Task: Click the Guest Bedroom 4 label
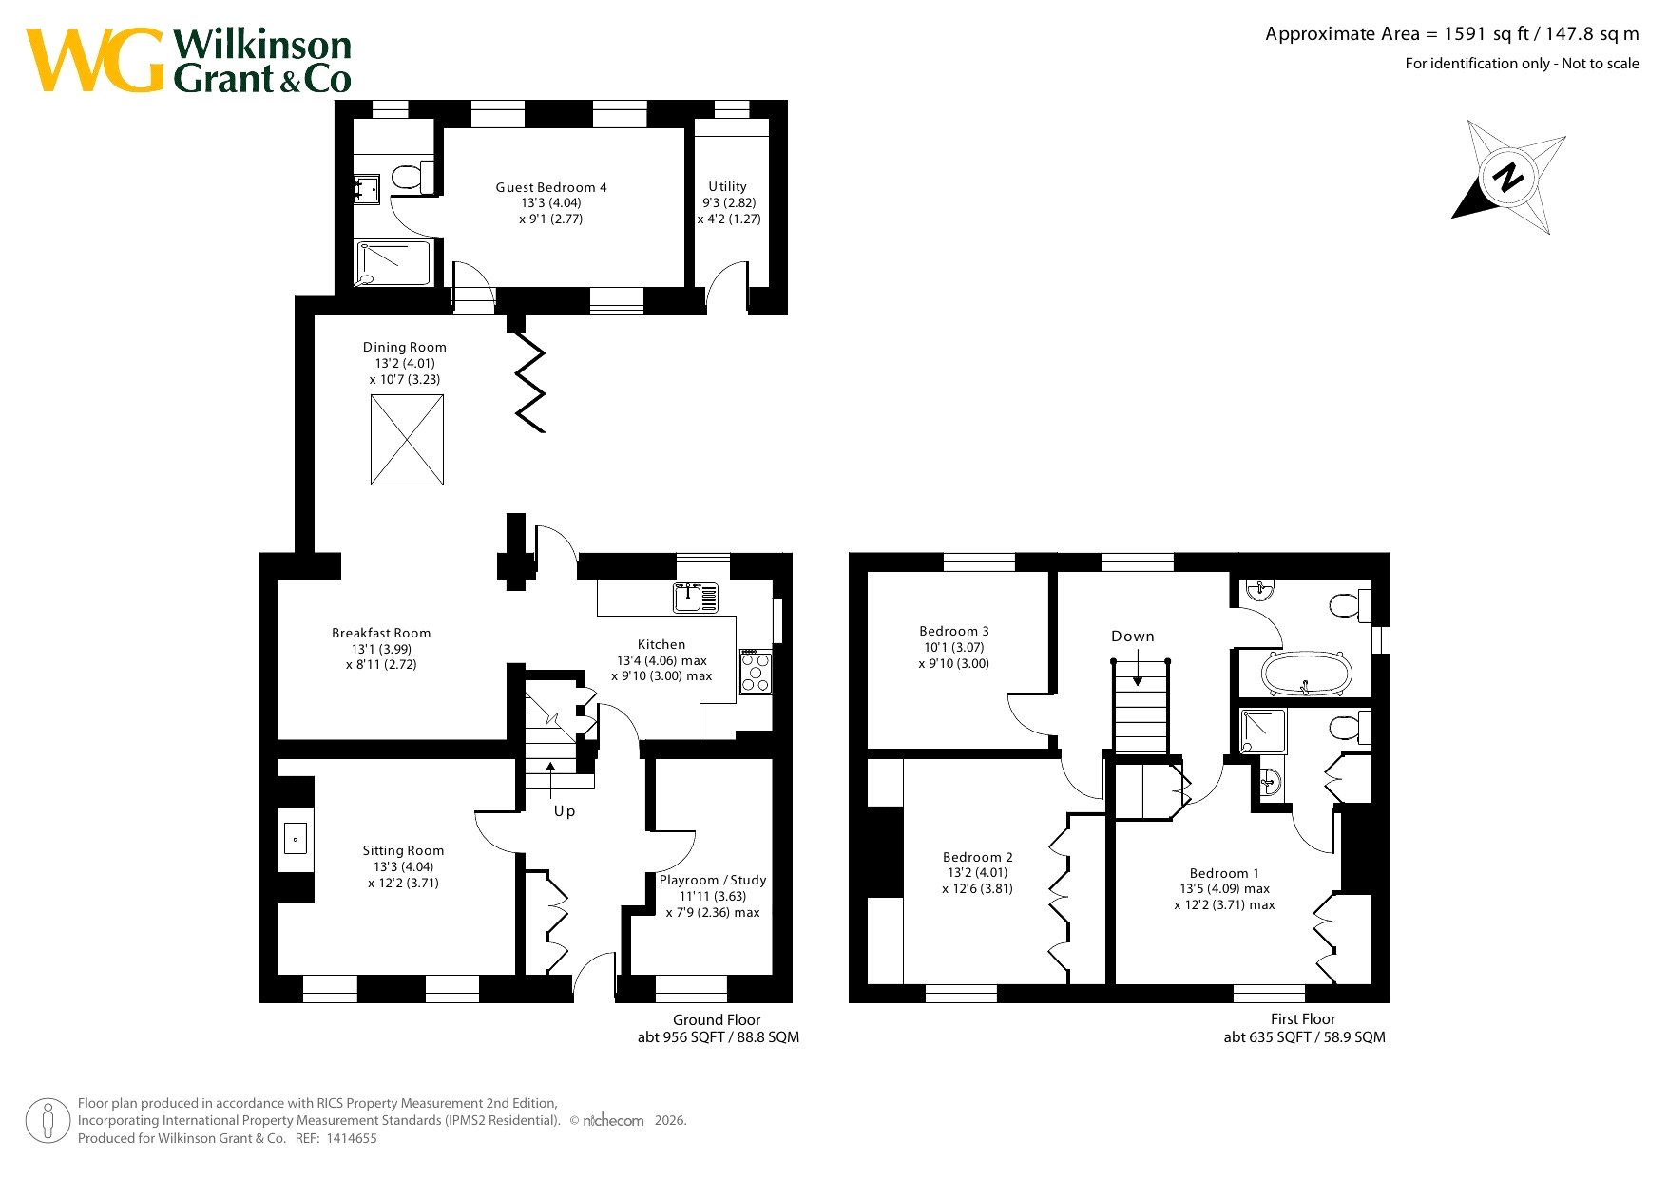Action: (x=551, y=187)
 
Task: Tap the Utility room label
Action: (x=728, y=186)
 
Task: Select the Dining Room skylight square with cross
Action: (x=407, y=440)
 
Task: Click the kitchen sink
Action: (x=696, y=598)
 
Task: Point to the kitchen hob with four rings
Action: (x=757, y=672)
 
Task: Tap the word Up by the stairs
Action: (x=565, y=811)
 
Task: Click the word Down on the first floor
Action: (x=1133, y=637)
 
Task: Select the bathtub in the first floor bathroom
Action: (x=1306, y=674)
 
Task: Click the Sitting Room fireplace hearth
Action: (x=296, y=839)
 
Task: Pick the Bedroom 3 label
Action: (x=954, y=631)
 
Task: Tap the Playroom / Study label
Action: (x=713, y=880)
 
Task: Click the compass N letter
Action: (x=1506, y=178)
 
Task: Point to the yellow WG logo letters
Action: (x=95, y=60)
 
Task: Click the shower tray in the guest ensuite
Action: (x=394, y=263)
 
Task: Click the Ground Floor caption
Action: (x=717, y=1020)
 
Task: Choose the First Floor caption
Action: (x=1303, y=1019)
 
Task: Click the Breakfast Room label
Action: (x=381, y=633)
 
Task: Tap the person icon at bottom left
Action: (x=48, y=1121)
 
